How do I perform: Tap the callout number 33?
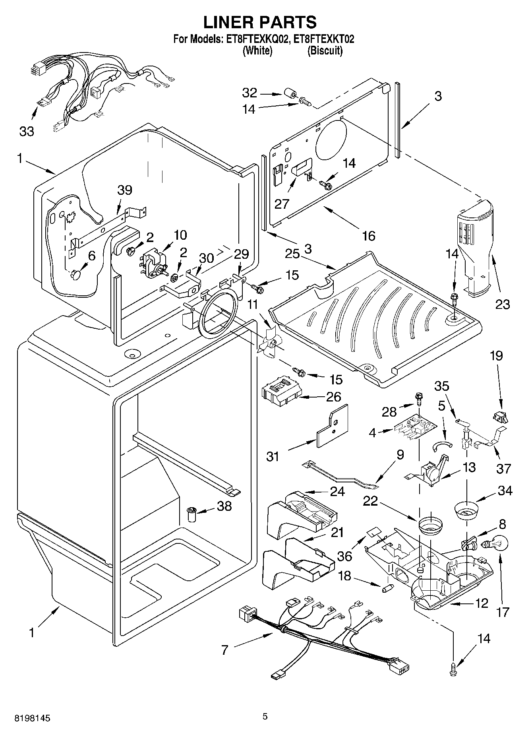pos(27,131)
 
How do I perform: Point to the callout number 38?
pos(224,506)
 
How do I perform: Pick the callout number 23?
pos(503,304)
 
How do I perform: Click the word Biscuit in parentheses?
pos(325,51)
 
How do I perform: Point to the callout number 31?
pos(273,457)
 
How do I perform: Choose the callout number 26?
pos(333,396)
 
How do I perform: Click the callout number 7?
pos(225,650)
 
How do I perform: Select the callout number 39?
pos(125,190)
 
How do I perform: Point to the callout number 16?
pos(369,236)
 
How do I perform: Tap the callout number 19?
pos(496,356)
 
